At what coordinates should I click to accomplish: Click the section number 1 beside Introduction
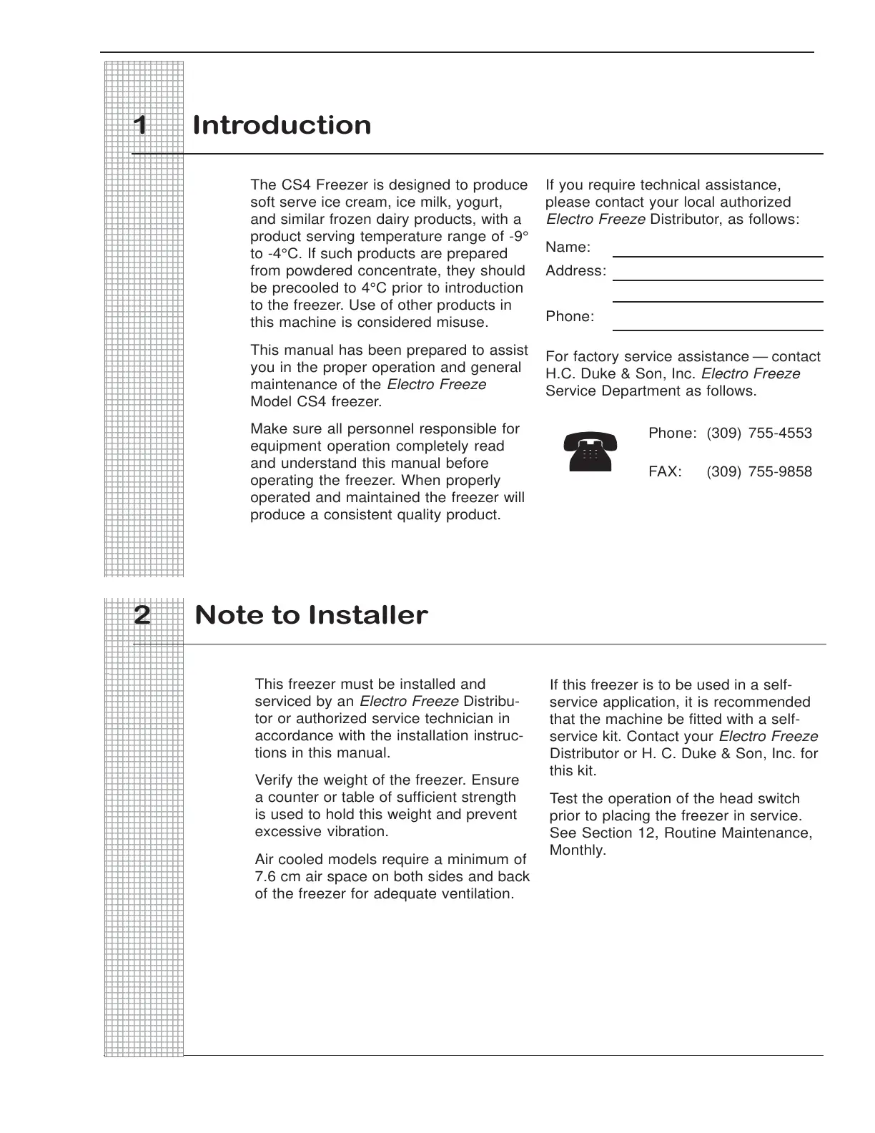point(141,126)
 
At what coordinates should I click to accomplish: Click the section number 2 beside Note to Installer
point(142,615)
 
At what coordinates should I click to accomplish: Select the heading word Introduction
point(282,126)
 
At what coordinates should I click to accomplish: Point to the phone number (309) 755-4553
point(759,433)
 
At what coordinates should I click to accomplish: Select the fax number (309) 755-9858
point(759,471)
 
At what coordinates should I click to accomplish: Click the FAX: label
point(665,471)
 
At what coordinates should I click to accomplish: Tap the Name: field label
point(568,247)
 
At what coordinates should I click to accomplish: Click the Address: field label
point(575,271)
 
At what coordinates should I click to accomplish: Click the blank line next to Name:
point(718,256)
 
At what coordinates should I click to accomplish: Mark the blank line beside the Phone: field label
point(718,329)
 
